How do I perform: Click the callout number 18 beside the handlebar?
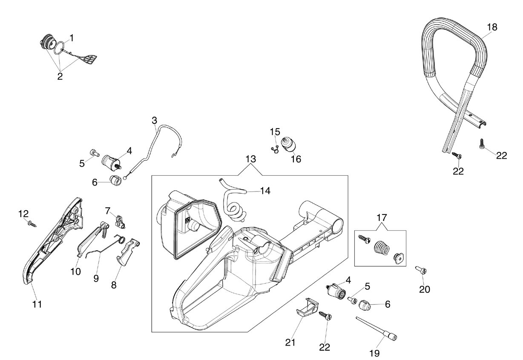point(492,27)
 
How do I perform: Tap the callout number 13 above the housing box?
point(251,159)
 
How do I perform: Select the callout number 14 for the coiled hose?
point(265,191)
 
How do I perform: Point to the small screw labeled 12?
point(32,223)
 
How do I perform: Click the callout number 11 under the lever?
point(37,304)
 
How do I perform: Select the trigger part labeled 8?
point(128,251)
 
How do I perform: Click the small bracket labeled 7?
point(120,221)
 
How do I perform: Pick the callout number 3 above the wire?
point(154,120)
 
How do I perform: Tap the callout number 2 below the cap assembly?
point(60,76)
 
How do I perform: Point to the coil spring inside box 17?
point(382,249)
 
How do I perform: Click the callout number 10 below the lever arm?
point(76,271)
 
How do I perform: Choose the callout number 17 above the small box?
point(382,218)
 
